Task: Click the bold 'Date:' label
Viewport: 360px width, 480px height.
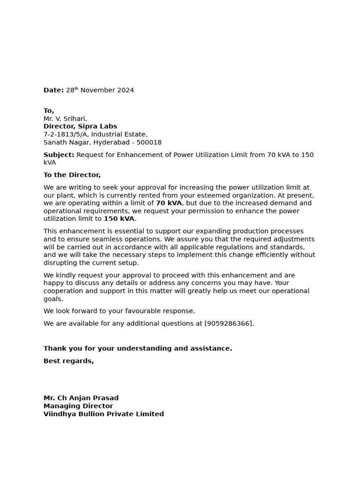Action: pyautogui.click(x=53, y=90)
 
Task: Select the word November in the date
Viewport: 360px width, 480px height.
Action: pyautogui.click(x=97, y=90)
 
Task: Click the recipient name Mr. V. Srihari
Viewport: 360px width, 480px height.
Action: pyautogui.click(x=65, y=119)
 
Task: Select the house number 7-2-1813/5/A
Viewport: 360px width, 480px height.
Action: pyautogui.click(x=66, y=135)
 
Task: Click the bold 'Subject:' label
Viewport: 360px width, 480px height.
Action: pyautogui.click(x=59, y=155)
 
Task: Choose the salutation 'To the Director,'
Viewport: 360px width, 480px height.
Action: pyautogui.click(x=72, y=175)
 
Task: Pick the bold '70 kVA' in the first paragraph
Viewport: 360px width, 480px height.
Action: pyautogui.click(x=169, y=203)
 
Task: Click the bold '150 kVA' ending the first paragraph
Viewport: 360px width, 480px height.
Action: pyautogui.click(x=119, y=219)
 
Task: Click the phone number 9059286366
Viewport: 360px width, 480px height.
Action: pyautogui.click(x=229, y=324)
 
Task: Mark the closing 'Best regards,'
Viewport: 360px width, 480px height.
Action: pyautogui.click(x=69, y=361)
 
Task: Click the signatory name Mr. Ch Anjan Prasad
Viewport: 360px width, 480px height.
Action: pyautogui.click(x=81, y=398)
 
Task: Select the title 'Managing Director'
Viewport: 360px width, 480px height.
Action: pyautogui.click(x=78, y=406)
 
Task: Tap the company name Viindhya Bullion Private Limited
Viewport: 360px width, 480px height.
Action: pyautogui.click(x=104, y=414)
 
